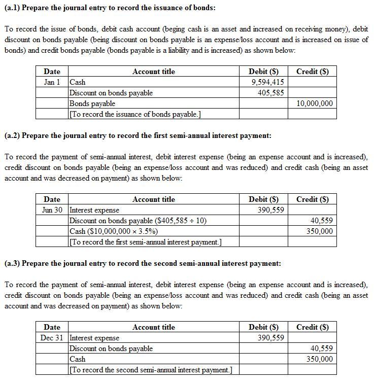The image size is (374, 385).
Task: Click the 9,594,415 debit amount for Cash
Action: [x=267, y=82]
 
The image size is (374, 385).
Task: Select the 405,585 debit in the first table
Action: [x=271, y=93]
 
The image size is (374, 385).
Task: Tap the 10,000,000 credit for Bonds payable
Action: [x=314, y=103]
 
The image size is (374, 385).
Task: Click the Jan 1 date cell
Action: [x=52, y=82]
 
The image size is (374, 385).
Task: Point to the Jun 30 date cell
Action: [x=52, y=210]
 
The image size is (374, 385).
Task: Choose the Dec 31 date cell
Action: [x=52, y=338]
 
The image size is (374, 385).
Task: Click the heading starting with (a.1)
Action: [x=110, y=8]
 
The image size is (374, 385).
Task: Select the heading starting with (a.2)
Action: [x=138, y=136]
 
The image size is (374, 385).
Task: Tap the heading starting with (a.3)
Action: [x=142, y=264]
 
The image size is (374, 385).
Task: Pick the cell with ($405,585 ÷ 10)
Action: [x=138, y=221]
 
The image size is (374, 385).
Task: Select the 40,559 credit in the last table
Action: [x=321, y=348]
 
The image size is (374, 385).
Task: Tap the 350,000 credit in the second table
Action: [x=320, y=231]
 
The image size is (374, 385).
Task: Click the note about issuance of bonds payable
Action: [x=135, y=114]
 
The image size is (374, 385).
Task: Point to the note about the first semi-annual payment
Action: [x=145, y=242]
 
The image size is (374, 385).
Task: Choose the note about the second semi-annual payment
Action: [x=150, y=370]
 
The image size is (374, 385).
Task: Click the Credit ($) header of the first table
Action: [x=312, y=72]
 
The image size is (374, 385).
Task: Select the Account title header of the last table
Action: [x=153, y=327]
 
